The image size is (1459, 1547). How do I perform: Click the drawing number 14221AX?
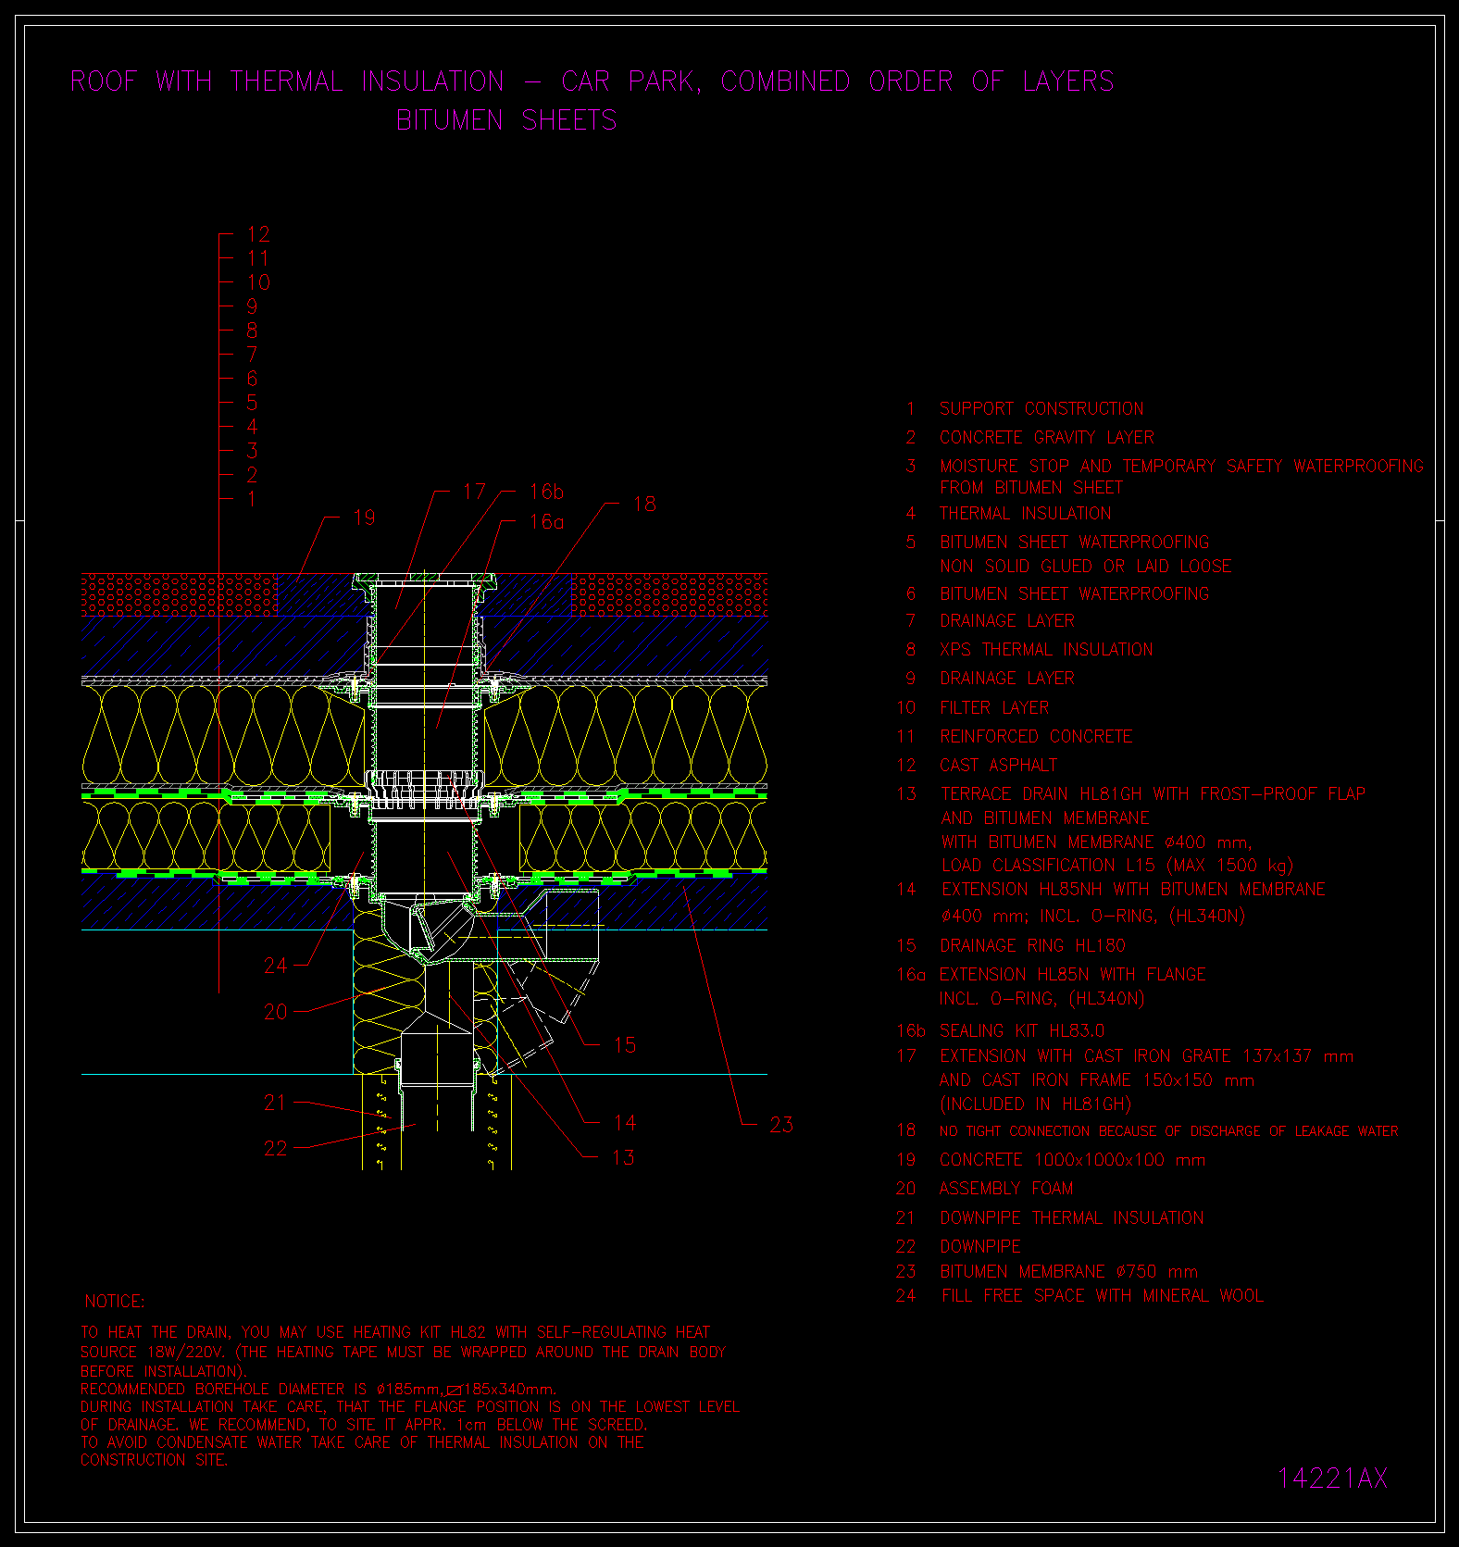click(1332, 1478)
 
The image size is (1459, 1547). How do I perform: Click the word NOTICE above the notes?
click(115, 1302)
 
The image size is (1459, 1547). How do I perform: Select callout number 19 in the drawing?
click(364, 518)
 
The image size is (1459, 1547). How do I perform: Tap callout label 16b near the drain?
click(546, 492)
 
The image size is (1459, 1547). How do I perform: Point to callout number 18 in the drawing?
click(644, 504)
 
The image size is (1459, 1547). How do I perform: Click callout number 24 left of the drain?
click(276, 966)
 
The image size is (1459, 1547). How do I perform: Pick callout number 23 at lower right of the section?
click(781, 1125)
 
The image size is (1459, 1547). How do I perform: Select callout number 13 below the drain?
click(623, 1157)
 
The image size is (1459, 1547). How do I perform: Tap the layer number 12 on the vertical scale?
click(258, 234)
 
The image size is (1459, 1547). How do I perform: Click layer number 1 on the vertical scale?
click(252, 499)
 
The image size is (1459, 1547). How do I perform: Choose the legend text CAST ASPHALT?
click(998, 766)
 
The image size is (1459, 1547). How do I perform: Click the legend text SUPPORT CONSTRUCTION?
click(1041, 409)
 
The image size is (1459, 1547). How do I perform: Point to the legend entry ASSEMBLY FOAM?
click(1006, 1189)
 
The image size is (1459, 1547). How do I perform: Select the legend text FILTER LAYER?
click(994, 708)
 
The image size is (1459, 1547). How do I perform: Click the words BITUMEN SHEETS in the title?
click(506, 120)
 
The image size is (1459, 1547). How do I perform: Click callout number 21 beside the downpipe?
click(275, 1103)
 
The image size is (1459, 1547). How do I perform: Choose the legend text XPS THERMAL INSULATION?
click(1046, 650)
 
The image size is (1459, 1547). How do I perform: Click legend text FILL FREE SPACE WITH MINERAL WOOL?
click(1103, 1296)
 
